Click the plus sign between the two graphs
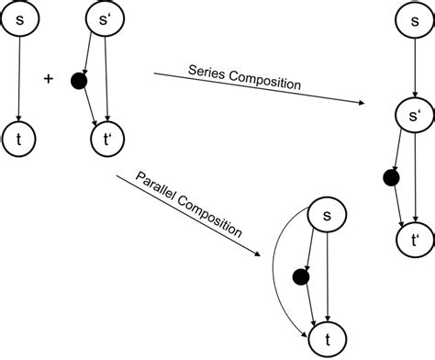49,79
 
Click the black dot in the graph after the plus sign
79,84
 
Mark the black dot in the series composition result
390,178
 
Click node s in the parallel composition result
325,217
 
